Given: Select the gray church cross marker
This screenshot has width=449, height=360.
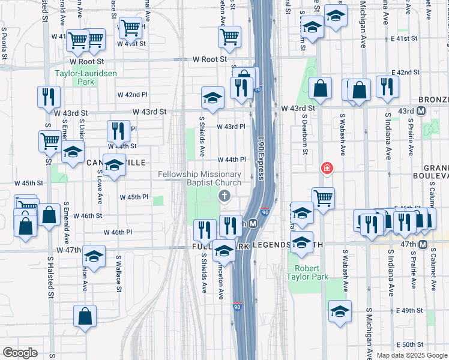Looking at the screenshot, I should [224, 195].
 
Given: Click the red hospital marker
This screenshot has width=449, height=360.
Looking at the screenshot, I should [327, 167].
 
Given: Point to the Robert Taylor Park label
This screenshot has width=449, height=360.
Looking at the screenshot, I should [312, 273].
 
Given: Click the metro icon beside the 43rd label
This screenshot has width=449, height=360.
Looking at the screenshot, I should [421, 111].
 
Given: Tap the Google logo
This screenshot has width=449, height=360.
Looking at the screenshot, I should [20, 353].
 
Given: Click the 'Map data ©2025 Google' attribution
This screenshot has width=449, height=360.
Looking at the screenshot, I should [412, 355].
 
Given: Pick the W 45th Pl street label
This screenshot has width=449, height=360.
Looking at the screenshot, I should [133, 197].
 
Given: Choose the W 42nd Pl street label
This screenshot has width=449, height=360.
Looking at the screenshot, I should [132, 95].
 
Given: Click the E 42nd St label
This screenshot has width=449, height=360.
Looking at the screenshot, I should [404, 72].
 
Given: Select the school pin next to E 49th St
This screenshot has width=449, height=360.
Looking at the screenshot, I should [340, 313].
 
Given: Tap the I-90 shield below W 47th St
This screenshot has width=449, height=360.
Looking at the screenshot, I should [238, 307].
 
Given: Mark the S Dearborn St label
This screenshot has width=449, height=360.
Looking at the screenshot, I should [304, 135].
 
